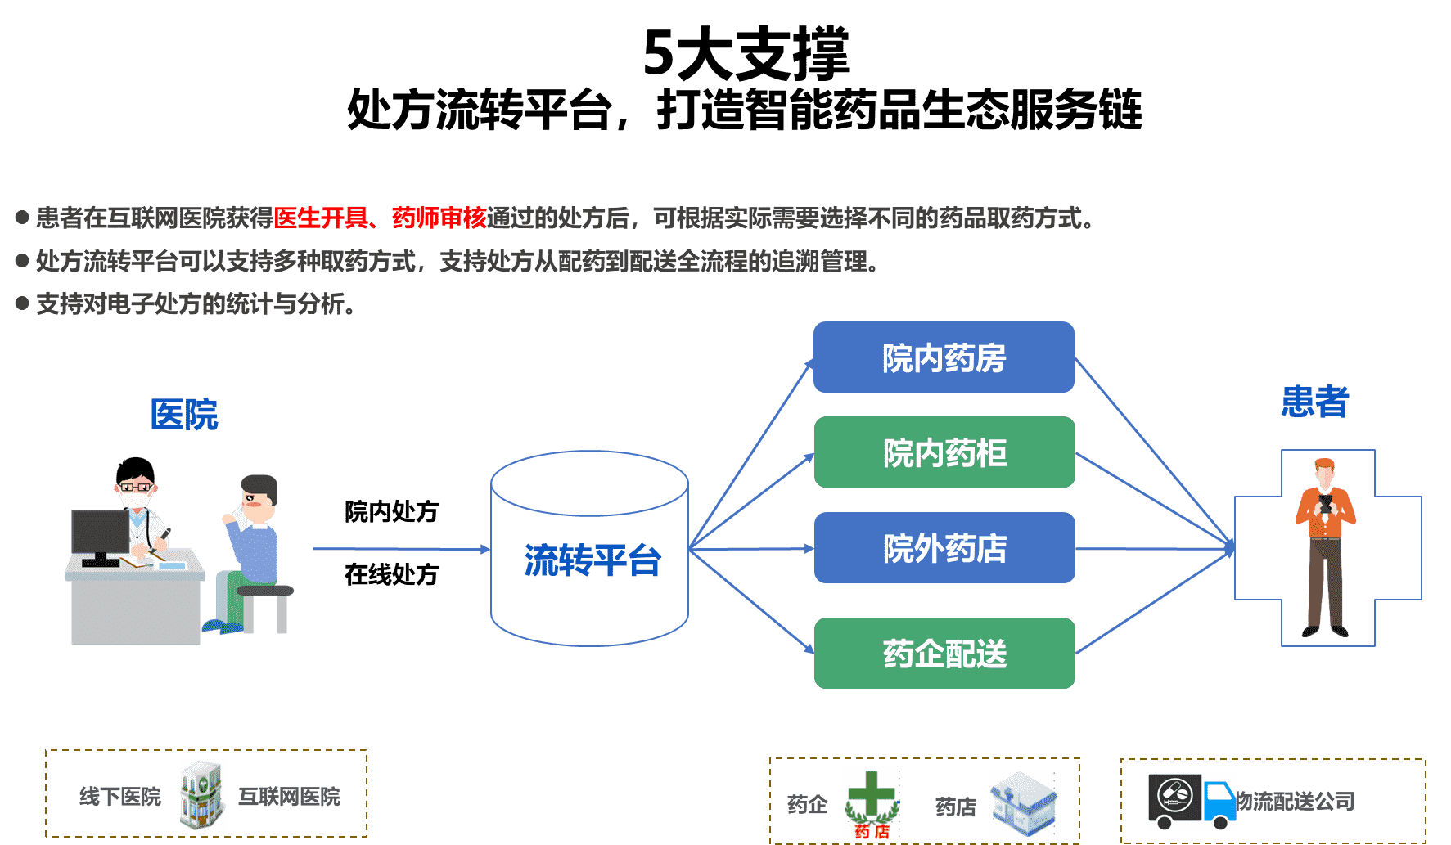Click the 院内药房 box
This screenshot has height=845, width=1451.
944,358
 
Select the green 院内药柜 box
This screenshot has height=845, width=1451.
944,452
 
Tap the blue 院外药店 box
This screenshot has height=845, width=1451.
944,548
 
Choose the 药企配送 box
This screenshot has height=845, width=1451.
944,654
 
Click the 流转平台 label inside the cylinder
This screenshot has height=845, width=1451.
592,560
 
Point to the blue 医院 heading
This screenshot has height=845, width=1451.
185,415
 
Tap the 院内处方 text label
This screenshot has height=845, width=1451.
391,512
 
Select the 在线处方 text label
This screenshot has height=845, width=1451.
391,574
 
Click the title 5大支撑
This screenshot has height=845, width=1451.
746,54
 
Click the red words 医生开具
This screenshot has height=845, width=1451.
320,218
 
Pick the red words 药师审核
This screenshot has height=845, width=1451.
439,218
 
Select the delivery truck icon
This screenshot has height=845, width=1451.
1192,802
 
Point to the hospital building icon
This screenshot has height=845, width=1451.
203,795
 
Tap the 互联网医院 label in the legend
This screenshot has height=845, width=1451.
289,797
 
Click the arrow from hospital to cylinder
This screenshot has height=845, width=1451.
401,549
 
